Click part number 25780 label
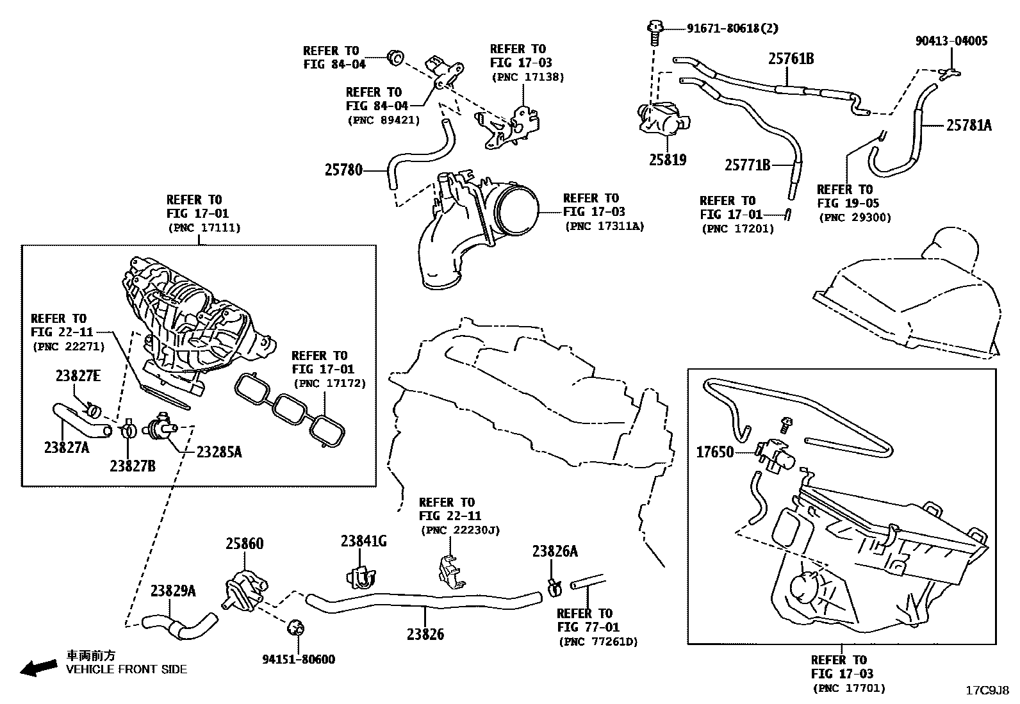coord(343,170)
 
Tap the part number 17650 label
coord(714,452)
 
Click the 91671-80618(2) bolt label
coord(732,28)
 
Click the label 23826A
coord(555,552)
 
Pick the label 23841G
coord(363,541)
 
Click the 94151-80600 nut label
coord(298,659)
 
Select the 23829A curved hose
coord(179,625)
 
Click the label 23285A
coord(218,452)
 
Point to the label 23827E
coord(78,377)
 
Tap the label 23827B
coord(132,466)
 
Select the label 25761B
coord(791,59)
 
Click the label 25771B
coord(747,165)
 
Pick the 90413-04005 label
coord(951,41)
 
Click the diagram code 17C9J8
coord(987,691)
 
